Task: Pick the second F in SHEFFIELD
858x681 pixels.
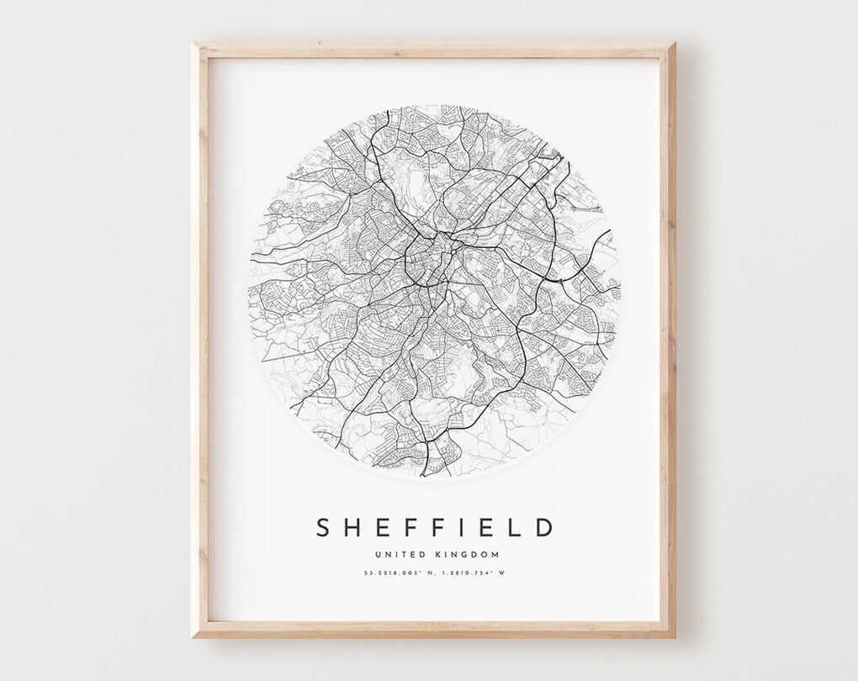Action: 435,527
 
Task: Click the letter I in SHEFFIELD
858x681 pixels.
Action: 457,527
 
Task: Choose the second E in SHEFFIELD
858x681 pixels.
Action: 479,527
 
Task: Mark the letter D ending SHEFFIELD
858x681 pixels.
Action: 543,527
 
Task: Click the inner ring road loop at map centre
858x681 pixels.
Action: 427,261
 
